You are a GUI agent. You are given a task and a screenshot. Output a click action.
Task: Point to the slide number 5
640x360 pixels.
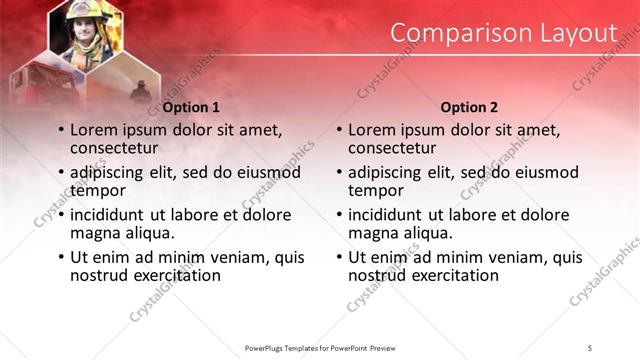tap(590, 346)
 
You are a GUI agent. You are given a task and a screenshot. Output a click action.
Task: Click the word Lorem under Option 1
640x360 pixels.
tap(96, 130)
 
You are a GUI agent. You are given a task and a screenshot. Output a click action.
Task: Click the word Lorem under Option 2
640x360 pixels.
tap(374, 130)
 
